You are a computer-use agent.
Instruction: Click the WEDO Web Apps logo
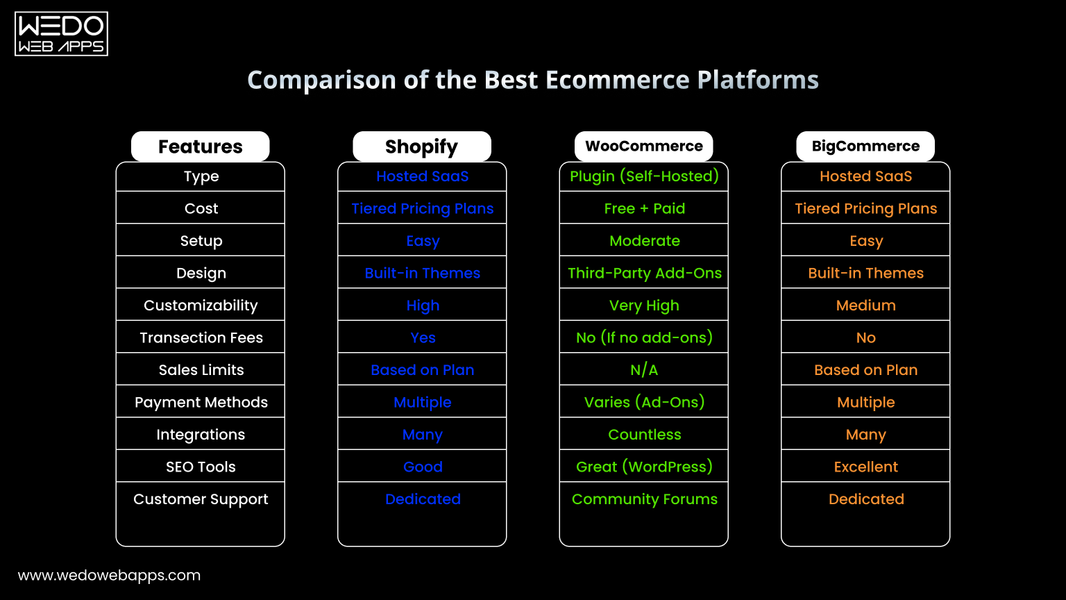[61, 33]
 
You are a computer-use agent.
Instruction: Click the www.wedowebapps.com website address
[109, 575]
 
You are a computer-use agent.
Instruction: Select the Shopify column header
[421, 147]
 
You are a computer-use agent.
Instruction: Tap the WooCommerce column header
[643, 147]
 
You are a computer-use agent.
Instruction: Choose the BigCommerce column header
[865, 147]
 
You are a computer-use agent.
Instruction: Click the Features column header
[200, 147]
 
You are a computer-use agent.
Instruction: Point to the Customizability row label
[201, 306]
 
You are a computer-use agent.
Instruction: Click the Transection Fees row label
[201, 337]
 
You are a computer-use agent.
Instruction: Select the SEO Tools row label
[201, 467]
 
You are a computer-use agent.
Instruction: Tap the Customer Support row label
[201, 499]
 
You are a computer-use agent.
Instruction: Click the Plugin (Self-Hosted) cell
[644, 176]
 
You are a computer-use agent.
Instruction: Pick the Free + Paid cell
[644, 208]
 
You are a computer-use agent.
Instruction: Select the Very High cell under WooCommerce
[644, 306]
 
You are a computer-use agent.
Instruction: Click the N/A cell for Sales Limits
[644, 370]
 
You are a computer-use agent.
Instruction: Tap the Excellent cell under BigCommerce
[865, 467]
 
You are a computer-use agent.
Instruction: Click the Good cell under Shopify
[423, 467]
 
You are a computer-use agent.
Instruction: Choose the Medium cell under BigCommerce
[865, 306]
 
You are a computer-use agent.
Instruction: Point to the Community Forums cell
[644, 499]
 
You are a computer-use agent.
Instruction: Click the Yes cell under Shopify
[423, 337]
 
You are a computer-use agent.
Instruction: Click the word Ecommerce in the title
[618, 80]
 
